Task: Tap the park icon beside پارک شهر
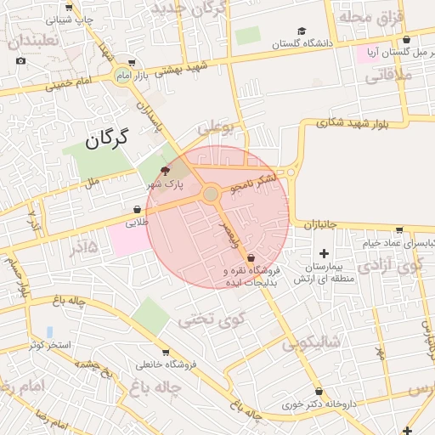coord(164,170)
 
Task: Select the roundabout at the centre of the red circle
coord(210,195)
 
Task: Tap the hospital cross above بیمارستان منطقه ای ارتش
coord(324,252)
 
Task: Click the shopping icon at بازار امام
coord(132,62)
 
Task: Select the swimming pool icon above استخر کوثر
coord(49,331)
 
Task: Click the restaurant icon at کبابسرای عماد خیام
coord(399,229)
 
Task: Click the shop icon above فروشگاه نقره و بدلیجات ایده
coord(251,259)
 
